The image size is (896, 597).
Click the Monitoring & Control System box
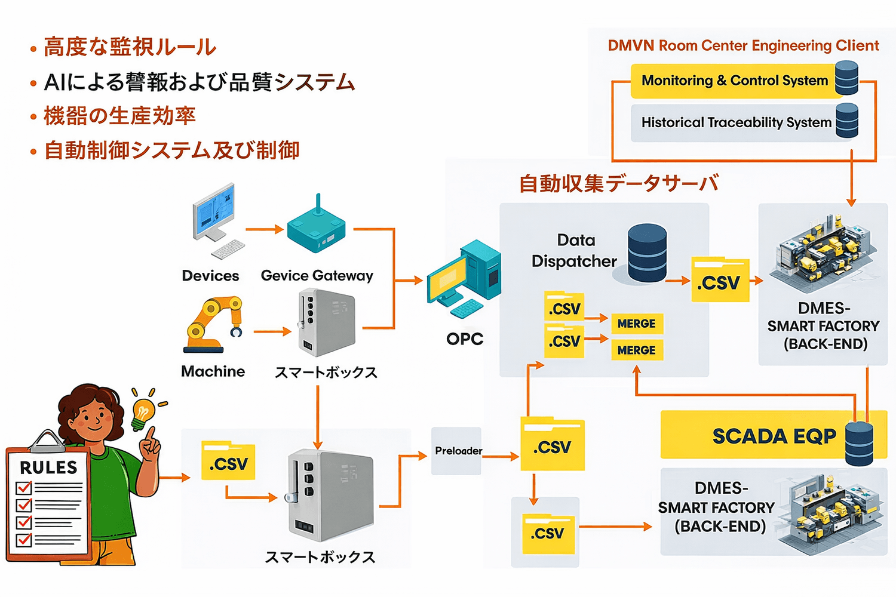pos(735,81)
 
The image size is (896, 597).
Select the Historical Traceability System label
pos(736,122)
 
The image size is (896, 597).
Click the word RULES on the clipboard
pos(48,467)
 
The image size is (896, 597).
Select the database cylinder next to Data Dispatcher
pos(647,253)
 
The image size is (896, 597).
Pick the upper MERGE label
pos(636,324)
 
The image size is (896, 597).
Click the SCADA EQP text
pos(774,436)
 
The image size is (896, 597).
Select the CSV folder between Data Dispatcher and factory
pos(720,281)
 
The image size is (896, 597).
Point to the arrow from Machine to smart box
pos(272,331)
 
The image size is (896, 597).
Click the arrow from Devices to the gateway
pos(264,229)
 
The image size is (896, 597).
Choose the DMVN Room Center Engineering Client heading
pos(743,45)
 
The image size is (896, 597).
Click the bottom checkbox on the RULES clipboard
pos(24,540)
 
